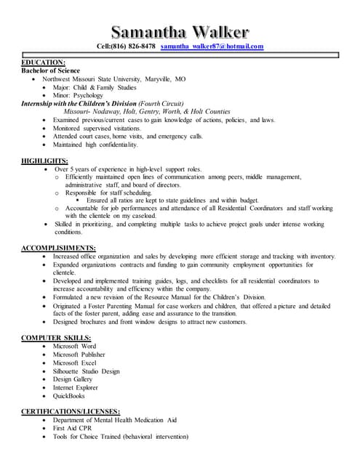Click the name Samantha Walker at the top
click(x=180, y=31)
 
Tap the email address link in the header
click(x=212, y=46)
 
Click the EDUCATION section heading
click(x=43, y=62)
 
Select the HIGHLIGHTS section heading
click(x=45, y=161)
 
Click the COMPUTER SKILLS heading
click(x=56, y=339)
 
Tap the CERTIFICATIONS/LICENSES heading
click(x=70, y=412)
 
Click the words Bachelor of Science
click(x=50, y=70)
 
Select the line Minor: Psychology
click(x=77, y=95)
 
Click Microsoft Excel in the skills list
click(x=74, y=363)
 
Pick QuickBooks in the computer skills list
click(x=68, y=396)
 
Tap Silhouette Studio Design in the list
click(x=86, y=371)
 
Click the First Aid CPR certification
click(x=73, y=429)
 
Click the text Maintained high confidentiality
click(x=95, y=145)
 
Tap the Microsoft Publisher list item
click(x=79, y=355)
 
